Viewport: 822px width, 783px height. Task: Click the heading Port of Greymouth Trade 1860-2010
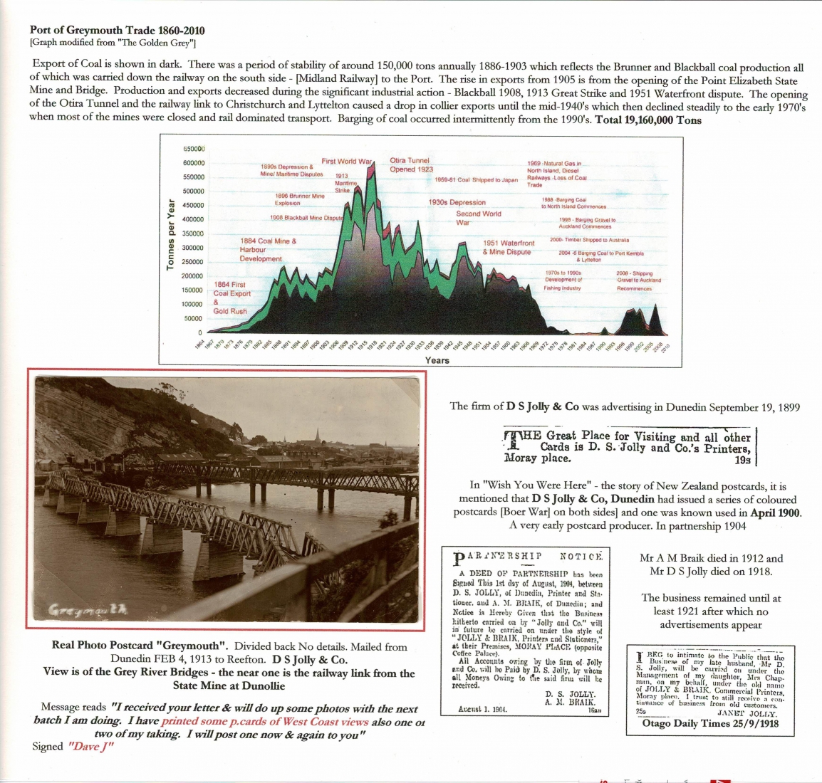(x=117, y=30)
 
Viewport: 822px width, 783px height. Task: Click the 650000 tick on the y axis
(x=194, y=149)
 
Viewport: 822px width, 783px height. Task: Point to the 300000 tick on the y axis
(x=194, y=248)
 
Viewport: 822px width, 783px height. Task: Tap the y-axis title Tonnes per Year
(x=170, y=235)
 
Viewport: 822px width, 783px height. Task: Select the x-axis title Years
(x=437, y=360)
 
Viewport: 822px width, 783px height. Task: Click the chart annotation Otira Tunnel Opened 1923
(x=411, y=165)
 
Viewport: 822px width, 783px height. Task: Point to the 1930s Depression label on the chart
(x=457, y=202)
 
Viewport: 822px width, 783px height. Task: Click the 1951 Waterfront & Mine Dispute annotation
(x=508, y=248)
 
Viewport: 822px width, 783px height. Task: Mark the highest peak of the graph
(x=370, y=163)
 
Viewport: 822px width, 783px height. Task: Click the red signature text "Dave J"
(x=91, y=747)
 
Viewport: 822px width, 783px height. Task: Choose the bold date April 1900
(x=776, y=513)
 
